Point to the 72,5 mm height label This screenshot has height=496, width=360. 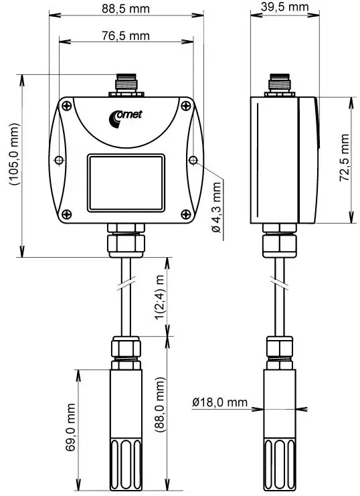(x=345, y=159)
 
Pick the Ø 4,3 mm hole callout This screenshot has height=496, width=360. (x=216, y=209)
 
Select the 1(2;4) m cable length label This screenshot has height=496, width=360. (x=160, y=298)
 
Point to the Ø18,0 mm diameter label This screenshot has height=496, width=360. (x=219, y=403)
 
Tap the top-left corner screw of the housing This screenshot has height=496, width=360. (x=67, y=105)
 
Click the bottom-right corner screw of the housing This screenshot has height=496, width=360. (x=185, y=214)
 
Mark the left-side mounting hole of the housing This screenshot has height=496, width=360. (x=58, y=161)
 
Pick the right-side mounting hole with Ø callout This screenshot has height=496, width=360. (x=193, y=161)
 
